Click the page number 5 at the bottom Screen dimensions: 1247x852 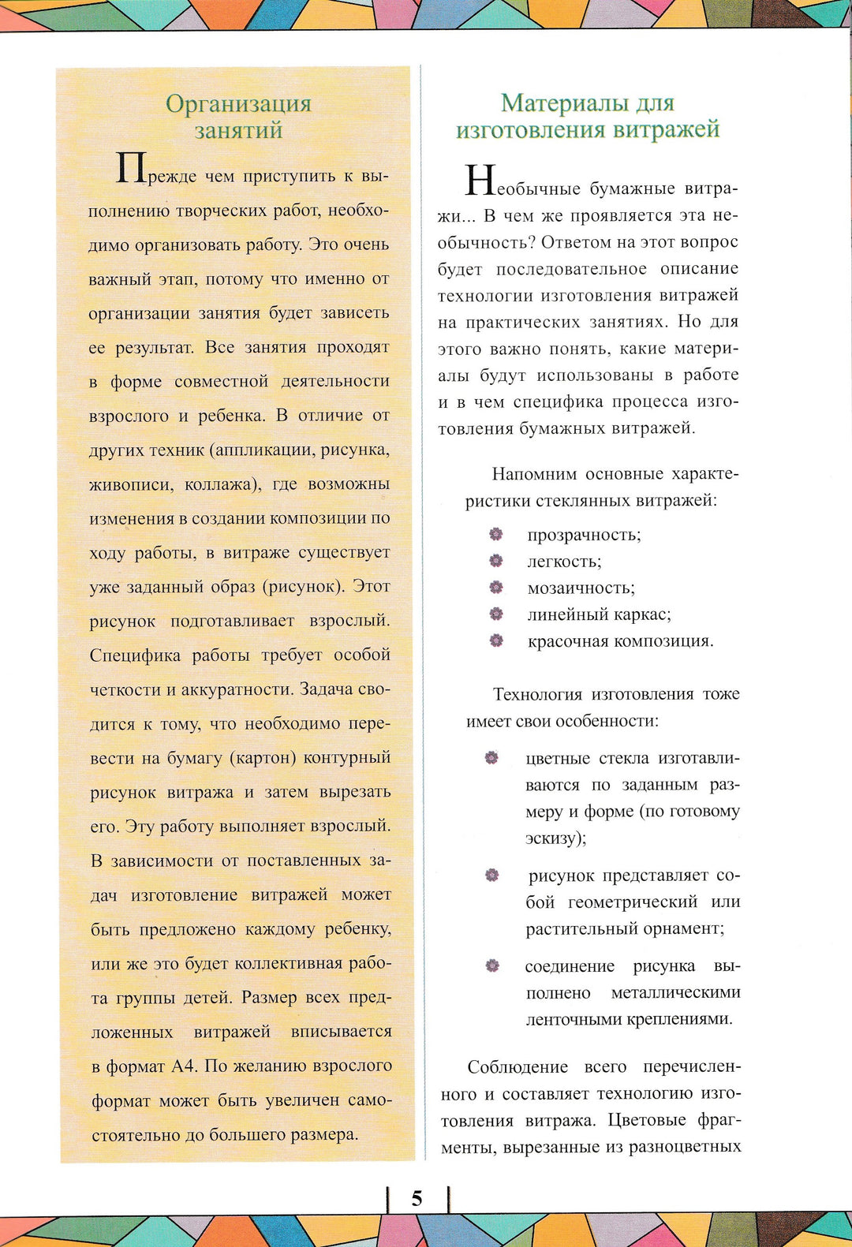[x=417, y=1199]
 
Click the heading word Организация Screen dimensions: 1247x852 [x=238, y=103]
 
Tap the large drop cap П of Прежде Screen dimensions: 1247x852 [x=130, y=168]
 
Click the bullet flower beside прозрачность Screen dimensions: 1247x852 [x=495, y=534]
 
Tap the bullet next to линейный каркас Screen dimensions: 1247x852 [x=495, y=614]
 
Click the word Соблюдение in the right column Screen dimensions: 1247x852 [x=518, y=1067]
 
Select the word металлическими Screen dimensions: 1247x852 [x=676, y=993]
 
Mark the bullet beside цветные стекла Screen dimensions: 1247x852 [x=491, y=758]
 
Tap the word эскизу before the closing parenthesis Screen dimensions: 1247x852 [x=551, y=838]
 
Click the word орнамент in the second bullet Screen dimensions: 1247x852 [x=682, y=928]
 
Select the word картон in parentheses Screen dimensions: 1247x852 [x=263, y=758]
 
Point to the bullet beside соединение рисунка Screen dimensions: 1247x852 [x=492, y=965]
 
